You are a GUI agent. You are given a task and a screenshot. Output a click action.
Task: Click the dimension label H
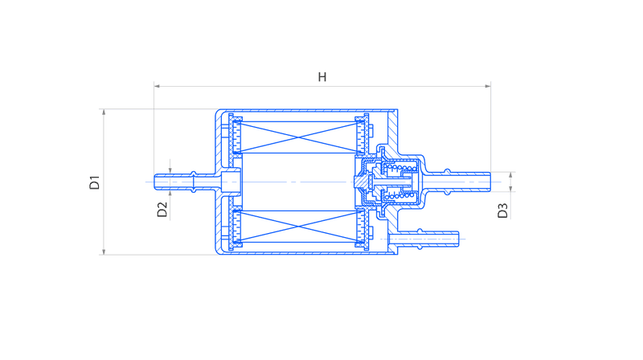322,77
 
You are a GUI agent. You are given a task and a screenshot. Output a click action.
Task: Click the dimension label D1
94,182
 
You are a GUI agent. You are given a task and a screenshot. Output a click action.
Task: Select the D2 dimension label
162,210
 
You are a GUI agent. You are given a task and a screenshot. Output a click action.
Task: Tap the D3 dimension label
502,211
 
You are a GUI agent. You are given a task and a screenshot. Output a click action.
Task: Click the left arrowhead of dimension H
157,86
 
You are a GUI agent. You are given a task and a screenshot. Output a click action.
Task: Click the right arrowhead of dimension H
488,86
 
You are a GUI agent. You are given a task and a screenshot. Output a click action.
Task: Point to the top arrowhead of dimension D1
104,112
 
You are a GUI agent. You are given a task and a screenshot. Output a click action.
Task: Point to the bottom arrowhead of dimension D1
104,252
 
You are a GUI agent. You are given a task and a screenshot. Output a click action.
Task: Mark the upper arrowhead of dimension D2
170,170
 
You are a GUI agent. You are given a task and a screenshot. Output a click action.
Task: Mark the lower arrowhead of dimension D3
510,189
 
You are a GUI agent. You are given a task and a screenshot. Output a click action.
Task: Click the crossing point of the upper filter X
299,137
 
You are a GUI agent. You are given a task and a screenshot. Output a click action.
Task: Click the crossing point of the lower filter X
299,227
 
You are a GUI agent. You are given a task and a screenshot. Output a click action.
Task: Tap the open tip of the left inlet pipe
155,182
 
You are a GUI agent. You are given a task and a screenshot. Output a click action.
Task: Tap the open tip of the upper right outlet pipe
489,182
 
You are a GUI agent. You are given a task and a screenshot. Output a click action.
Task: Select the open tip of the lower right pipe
457,239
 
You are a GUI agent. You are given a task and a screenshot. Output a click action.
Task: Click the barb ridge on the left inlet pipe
194,182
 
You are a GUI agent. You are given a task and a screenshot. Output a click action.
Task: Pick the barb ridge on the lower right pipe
420,239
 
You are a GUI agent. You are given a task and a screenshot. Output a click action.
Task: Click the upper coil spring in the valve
401,168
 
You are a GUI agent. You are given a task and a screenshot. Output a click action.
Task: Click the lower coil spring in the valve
400,196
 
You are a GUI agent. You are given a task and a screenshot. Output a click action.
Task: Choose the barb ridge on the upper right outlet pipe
448,182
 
